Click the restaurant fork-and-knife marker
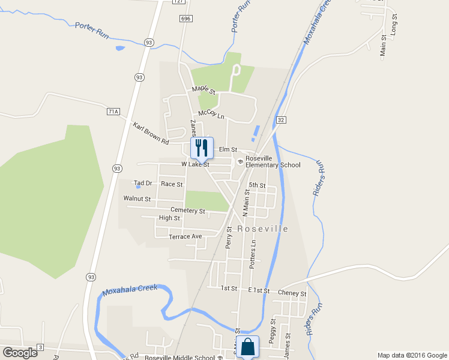click(202, 147)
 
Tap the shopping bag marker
click(247, 347)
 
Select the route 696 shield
click(185, 19)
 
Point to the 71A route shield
click(113, 111)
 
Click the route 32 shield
click(280, 120)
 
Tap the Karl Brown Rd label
click(151, 133)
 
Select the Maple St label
click(203, 89)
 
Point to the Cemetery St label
click(188, 211)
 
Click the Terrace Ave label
click(185, 236)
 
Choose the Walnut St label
click(137, 198)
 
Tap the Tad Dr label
click(143, 183)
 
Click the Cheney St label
click(292, 293)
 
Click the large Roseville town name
click(262, 229)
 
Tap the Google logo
click(20, 352)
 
